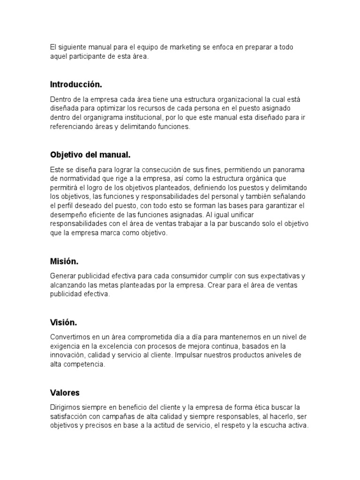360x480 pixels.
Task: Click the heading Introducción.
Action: [x=76, y=84]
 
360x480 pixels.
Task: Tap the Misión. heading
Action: [x=64, y=261]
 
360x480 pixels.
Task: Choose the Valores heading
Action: [x=65, y=392]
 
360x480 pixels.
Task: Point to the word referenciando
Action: [x=74, y=127]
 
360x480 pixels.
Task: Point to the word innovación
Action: [x=67, y=355]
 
